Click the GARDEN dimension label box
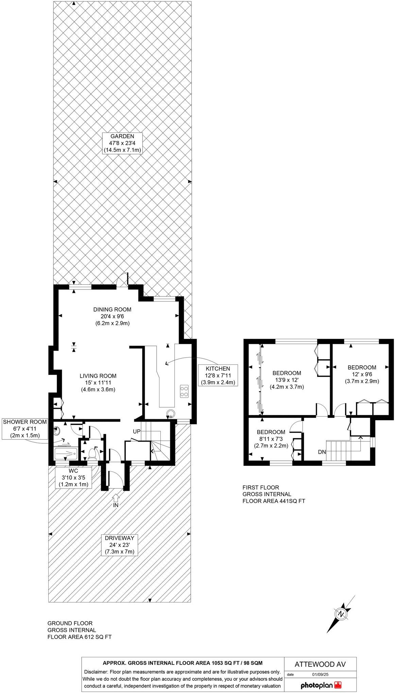coord(122,143)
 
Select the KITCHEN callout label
coord(218,375)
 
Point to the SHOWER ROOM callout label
coord(25,429)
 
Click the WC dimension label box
coord(73,478)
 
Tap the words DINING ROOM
coord(112,310)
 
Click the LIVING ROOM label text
coord(98,376)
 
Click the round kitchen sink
coord(170,413)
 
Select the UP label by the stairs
coord(137,431)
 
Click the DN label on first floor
coord(322,452)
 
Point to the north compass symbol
coord(340,614)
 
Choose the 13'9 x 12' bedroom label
coord(287,380)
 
